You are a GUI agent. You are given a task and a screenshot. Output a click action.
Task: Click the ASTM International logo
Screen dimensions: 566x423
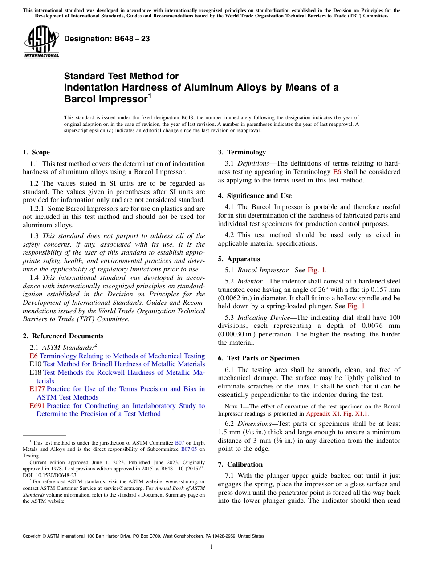(41, 41)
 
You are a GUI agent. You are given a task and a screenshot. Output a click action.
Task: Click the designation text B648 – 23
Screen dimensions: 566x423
(107, 39)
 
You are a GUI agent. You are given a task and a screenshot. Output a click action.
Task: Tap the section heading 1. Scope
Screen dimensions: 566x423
(36, 152)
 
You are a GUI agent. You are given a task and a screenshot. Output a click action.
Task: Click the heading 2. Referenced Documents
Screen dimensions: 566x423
(63, 336)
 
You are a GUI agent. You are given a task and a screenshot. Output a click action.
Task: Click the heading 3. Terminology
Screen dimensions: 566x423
(242, 152)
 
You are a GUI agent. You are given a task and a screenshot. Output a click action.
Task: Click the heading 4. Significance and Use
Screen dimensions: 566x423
(255, 196)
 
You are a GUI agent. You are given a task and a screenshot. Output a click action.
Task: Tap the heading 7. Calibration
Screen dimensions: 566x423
(240, 464)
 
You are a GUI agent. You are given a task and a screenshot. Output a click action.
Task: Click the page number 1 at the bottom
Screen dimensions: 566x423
(211, 547)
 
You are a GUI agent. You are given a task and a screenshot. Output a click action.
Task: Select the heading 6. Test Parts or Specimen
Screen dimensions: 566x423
(259, 358)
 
